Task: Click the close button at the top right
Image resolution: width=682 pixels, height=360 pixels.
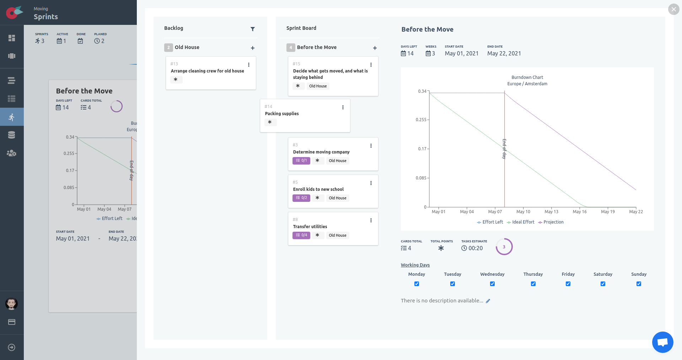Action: pos(673,9)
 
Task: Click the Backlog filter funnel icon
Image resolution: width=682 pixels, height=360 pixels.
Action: pos(253,29)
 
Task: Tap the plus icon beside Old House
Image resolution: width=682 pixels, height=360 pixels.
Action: pos(253,48)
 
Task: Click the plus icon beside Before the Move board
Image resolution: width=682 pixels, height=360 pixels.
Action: pos(375,48)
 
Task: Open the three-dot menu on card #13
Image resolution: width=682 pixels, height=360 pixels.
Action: pos(249,65)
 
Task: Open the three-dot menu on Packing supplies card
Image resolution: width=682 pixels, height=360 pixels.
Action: pos(343,107)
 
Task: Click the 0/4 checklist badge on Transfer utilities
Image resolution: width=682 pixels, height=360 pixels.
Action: pos(301,235)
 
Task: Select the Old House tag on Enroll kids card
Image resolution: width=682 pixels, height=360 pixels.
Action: pos(337,198)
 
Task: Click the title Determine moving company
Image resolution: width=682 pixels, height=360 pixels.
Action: pos(321,152)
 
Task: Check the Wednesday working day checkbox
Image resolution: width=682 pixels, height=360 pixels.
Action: pos(492,284)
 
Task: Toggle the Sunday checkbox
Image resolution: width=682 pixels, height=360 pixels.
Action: pos(639,284)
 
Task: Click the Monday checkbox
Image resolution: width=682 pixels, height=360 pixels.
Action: pos(417,284)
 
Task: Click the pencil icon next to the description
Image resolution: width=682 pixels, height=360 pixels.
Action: pos(488,301)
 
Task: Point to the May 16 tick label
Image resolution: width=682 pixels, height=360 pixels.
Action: pos(580,212)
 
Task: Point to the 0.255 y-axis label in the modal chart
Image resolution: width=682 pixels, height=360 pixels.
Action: pos(421,120)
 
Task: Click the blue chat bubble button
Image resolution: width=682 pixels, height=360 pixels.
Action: pos(662,342)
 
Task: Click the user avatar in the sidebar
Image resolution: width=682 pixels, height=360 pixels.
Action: pos(11,304)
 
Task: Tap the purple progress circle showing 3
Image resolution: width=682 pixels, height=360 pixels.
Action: pos(504,247)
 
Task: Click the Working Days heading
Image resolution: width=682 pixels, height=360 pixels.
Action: pos(415,265)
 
